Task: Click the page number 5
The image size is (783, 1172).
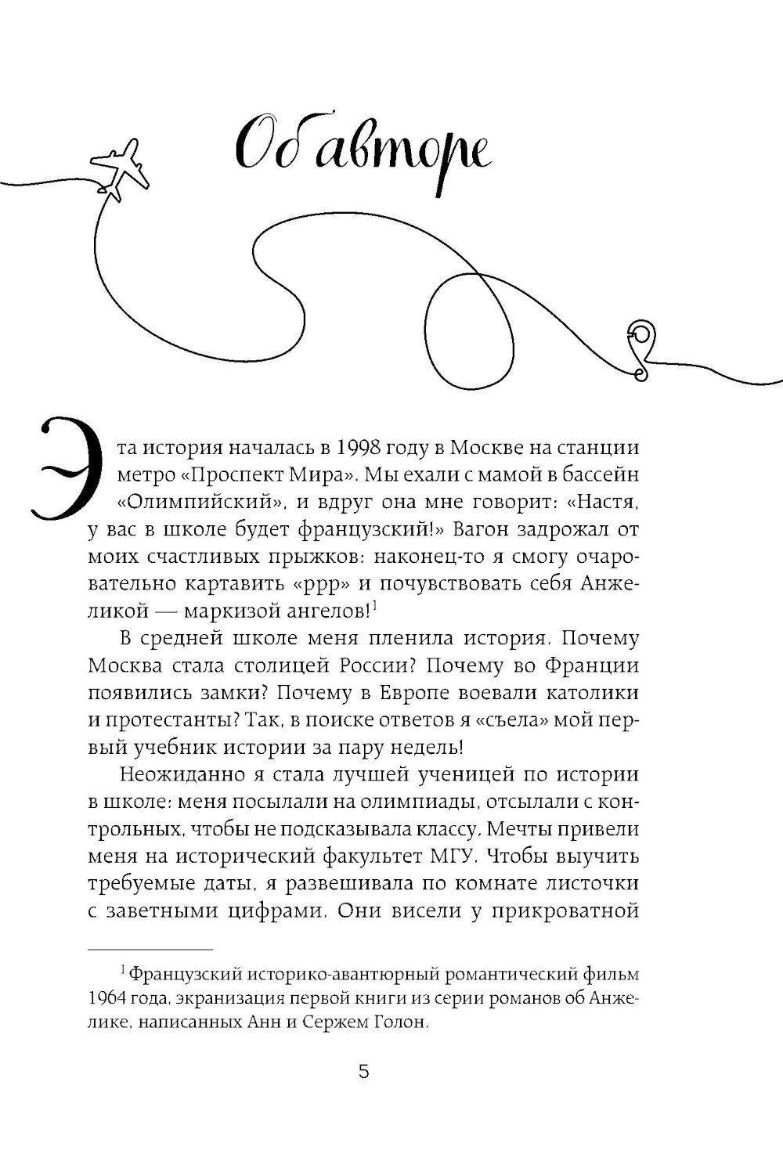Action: point(363,1072)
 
